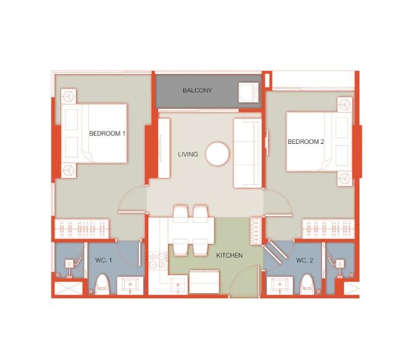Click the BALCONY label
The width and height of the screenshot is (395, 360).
tap(197, 90)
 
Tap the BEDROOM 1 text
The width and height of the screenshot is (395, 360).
tap(107, 133)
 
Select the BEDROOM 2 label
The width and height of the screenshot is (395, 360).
tap(306, 141)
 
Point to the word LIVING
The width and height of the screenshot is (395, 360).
tap(188, 154)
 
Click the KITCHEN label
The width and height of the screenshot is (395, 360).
tap(229, 256)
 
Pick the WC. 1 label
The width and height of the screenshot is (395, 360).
tap(103, 260)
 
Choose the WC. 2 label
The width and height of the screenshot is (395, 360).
tap(304, 260)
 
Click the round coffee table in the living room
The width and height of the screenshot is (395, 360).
tap(217, 154)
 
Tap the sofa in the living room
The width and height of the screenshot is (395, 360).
tap(247, 153)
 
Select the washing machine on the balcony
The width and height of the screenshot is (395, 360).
tap(248, 93)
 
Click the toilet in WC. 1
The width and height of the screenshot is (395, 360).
tap(102, 285)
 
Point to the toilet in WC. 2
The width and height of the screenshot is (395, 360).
tap(307, 285)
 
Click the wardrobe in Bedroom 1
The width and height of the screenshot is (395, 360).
tap(81, 228)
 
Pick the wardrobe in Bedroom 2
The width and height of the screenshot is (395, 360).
tap(328, 228)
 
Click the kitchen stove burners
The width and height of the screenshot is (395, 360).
tap(158, 261)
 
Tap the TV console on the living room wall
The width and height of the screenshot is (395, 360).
tap(164, 148)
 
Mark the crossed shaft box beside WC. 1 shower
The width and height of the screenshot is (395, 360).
tap(69, 288)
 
